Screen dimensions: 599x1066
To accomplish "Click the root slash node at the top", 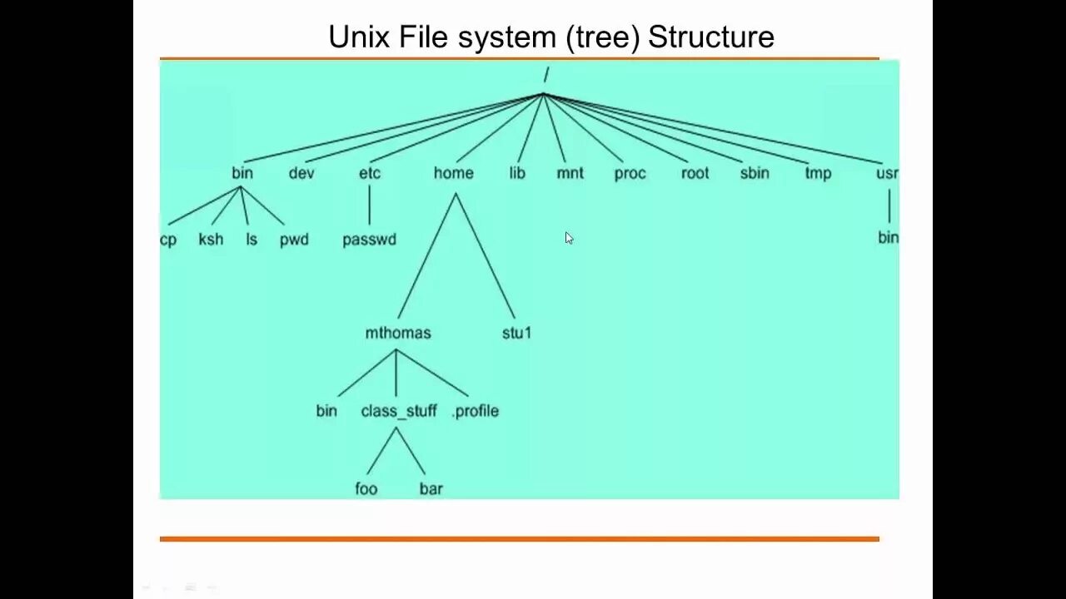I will tap(546, 75).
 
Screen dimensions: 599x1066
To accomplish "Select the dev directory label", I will tap(301, 173).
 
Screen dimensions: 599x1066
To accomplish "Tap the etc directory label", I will tap(369, 173).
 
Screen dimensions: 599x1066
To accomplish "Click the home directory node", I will tap(453, 173).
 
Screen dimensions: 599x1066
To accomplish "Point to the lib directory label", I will tap(517, 173).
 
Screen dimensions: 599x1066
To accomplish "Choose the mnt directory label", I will tap(570, 173).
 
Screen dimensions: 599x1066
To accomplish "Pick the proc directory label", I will tap(630, 174).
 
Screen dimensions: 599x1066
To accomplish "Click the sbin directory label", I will tap(755, 173).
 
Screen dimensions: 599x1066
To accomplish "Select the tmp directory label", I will tap(818, 174).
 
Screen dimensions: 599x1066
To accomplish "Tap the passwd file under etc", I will tap(369, 240).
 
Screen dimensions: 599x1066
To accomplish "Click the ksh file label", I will tap(211, 240).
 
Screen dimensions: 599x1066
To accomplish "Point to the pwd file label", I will tap(294, 240).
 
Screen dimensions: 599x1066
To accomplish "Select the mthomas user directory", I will tap(398, 333).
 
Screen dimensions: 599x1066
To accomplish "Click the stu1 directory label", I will tap(516, 333).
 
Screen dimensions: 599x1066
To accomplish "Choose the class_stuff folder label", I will tap(399, 411).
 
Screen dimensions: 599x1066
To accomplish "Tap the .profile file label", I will tap(475, 411).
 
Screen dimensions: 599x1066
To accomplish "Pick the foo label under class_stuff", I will tap(366, 488).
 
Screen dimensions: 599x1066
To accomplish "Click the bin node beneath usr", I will tap(888, 238).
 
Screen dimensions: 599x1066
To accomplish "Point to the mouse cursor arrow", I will tap(569, 238).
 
